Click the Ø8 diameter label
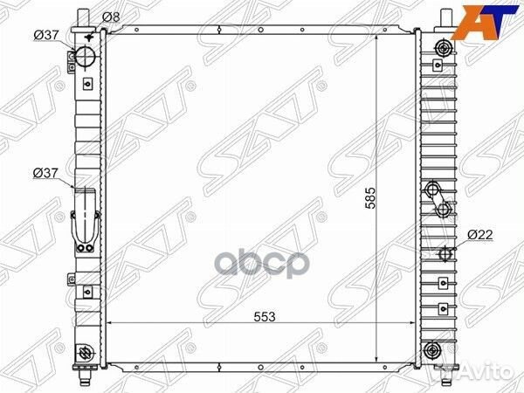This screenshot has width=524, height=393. coord(111,17)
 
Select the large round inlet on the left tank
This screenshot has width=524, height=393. coord(86,57)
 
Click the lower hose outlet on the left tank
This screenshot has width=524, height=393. coord(86,218)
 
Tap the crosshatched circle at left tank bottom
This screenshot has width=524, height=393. coord(85,353)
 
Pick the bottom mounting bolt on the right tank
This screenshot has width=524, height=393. coord(431,352)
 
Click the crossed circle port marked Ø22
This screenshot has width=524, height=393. coord(445,254)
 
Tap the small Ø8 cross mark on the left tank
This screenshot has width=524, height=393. coord(91,25)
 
